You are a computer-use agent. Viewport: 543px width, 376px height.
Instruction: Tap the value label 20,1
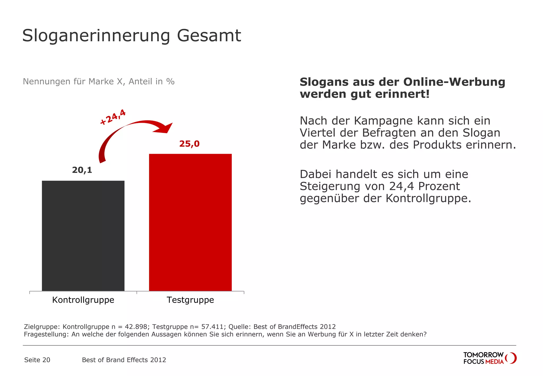click(x=82, y=170)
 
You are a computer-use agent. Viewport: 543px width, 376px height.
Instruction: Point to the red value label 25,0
click(x=189, y=144)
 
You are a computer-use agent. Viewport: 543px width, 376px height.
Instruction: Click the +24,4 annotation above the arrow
click(x=113, y=117)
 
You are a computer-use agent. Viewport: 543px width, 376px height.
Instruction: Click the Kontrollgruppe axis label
click(x=83, y=300)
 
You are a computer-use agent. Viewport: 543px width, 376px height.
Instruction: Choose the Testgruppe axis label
click(x=190, y=300)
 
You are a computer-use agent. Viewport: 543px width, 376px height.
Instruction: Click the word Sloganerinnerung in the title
click(x=96, y=36)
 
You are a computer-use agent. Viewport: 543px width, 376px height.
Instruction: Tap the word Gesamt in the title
click(x=209, y=36)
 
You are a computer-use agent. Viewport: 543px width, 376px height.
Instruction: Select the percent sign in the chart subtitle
click(x=170, y=81)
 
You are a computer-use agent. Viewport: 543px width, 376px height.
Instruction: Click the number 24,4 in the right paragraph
click(x=401, y=186)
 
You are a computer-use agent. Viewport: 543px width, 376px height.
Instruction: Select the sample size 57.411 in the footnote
click(x=212, y=327)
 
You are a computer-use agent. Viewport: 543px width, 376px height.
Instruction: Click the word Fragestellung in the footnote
click(x=47, y=334)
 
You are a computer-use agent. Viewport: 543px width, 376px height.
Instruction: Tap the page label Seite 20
click(x=37, y=360)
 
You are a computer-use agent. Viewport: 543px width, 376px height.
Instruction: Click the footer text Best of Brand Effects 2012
click(x=124, y=360)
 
